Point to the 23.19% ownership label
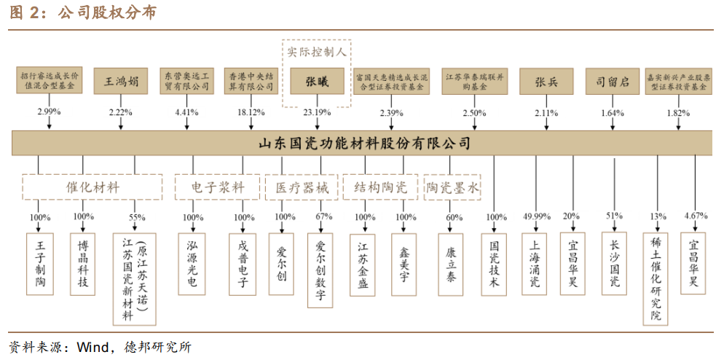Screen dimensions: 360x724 [x=317, y=113]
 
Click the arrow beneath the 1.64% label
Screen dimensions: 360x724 [x=612, y=125]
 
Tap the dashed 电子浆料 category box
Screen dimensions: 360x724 [x=217, y=187]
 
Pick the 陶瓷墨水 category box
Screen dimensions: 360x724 [x=453, y=187]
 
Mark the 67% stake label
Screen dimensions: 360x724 [x=323, y=217]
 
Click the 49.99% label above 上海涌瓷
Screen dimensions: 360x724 [x=536, y=217]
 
